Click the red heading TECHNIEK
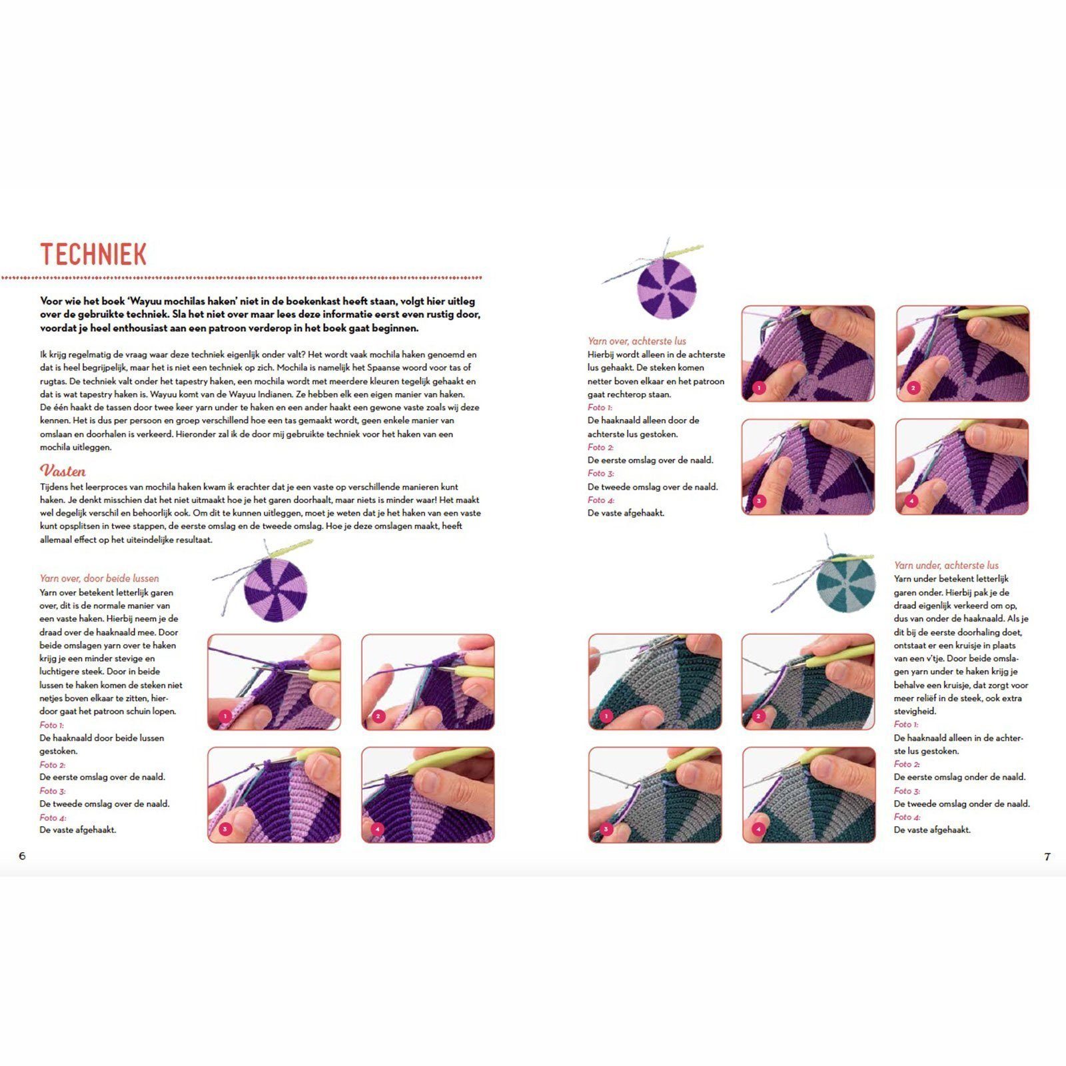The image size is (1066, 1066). pyautogui.click(x=93, y=254)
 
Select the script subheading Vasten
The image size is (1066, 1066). pyautogui.click(x=63, y=471)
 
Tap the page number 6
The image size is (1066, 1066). pyautogui.click(x=22, y=856)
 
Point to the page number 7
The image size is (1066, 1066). pyautogui.click(x=1047, y=857)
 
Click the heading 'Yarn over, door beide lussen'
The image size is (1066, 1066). pyautogui.click(x=99, y=578)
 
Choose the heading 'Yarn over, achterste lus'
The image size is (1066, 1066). pyautogui.click(x=637, y=340)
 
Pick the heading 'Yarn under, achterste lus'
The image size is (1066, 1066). pyautogui.click(x=946, y=565)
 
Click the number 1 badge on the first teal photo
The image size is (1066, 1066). pyautogui.click(x=606, y=716)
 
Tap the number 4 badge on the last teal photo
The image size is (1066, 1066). pyautogui.click(x=759, y=829)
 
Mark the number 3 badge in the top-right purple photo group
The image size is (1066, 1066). pyautogui.click(x=759, y=501)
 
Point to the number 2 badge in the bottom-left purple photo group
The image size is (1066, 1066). pyautogui.click(x=378, y=716)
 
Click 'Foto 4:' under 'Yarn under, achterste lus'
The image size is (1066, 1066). pyautogui.click(x=907, y=817)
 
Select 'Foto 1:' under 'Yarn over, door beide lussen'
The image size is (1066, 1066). pyautogui.click(x=52, y=725)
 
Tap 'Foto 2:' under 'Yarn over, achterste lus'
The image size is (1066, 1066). pyautogui.click(x=601, y=447)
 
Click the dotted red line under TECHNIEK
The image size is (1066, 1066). pyautogui.click(x=241, y=277)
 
